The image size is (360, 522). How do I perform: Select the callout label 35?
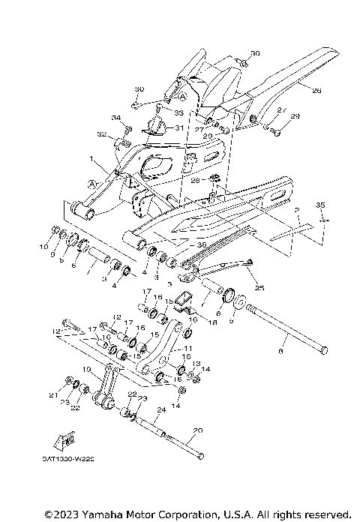tap(320, 205)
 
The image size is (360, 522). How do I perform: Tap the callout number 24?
tap(160, 410)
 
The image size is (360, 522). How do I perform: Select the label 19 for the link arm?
tap(87, 370)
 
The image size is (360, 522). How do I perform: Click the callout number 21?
tap(53, 394)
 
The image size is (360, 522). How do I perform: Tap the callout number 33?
tap(178, 112)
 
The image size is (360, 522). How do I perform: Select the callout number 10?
tap(43, 245)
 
